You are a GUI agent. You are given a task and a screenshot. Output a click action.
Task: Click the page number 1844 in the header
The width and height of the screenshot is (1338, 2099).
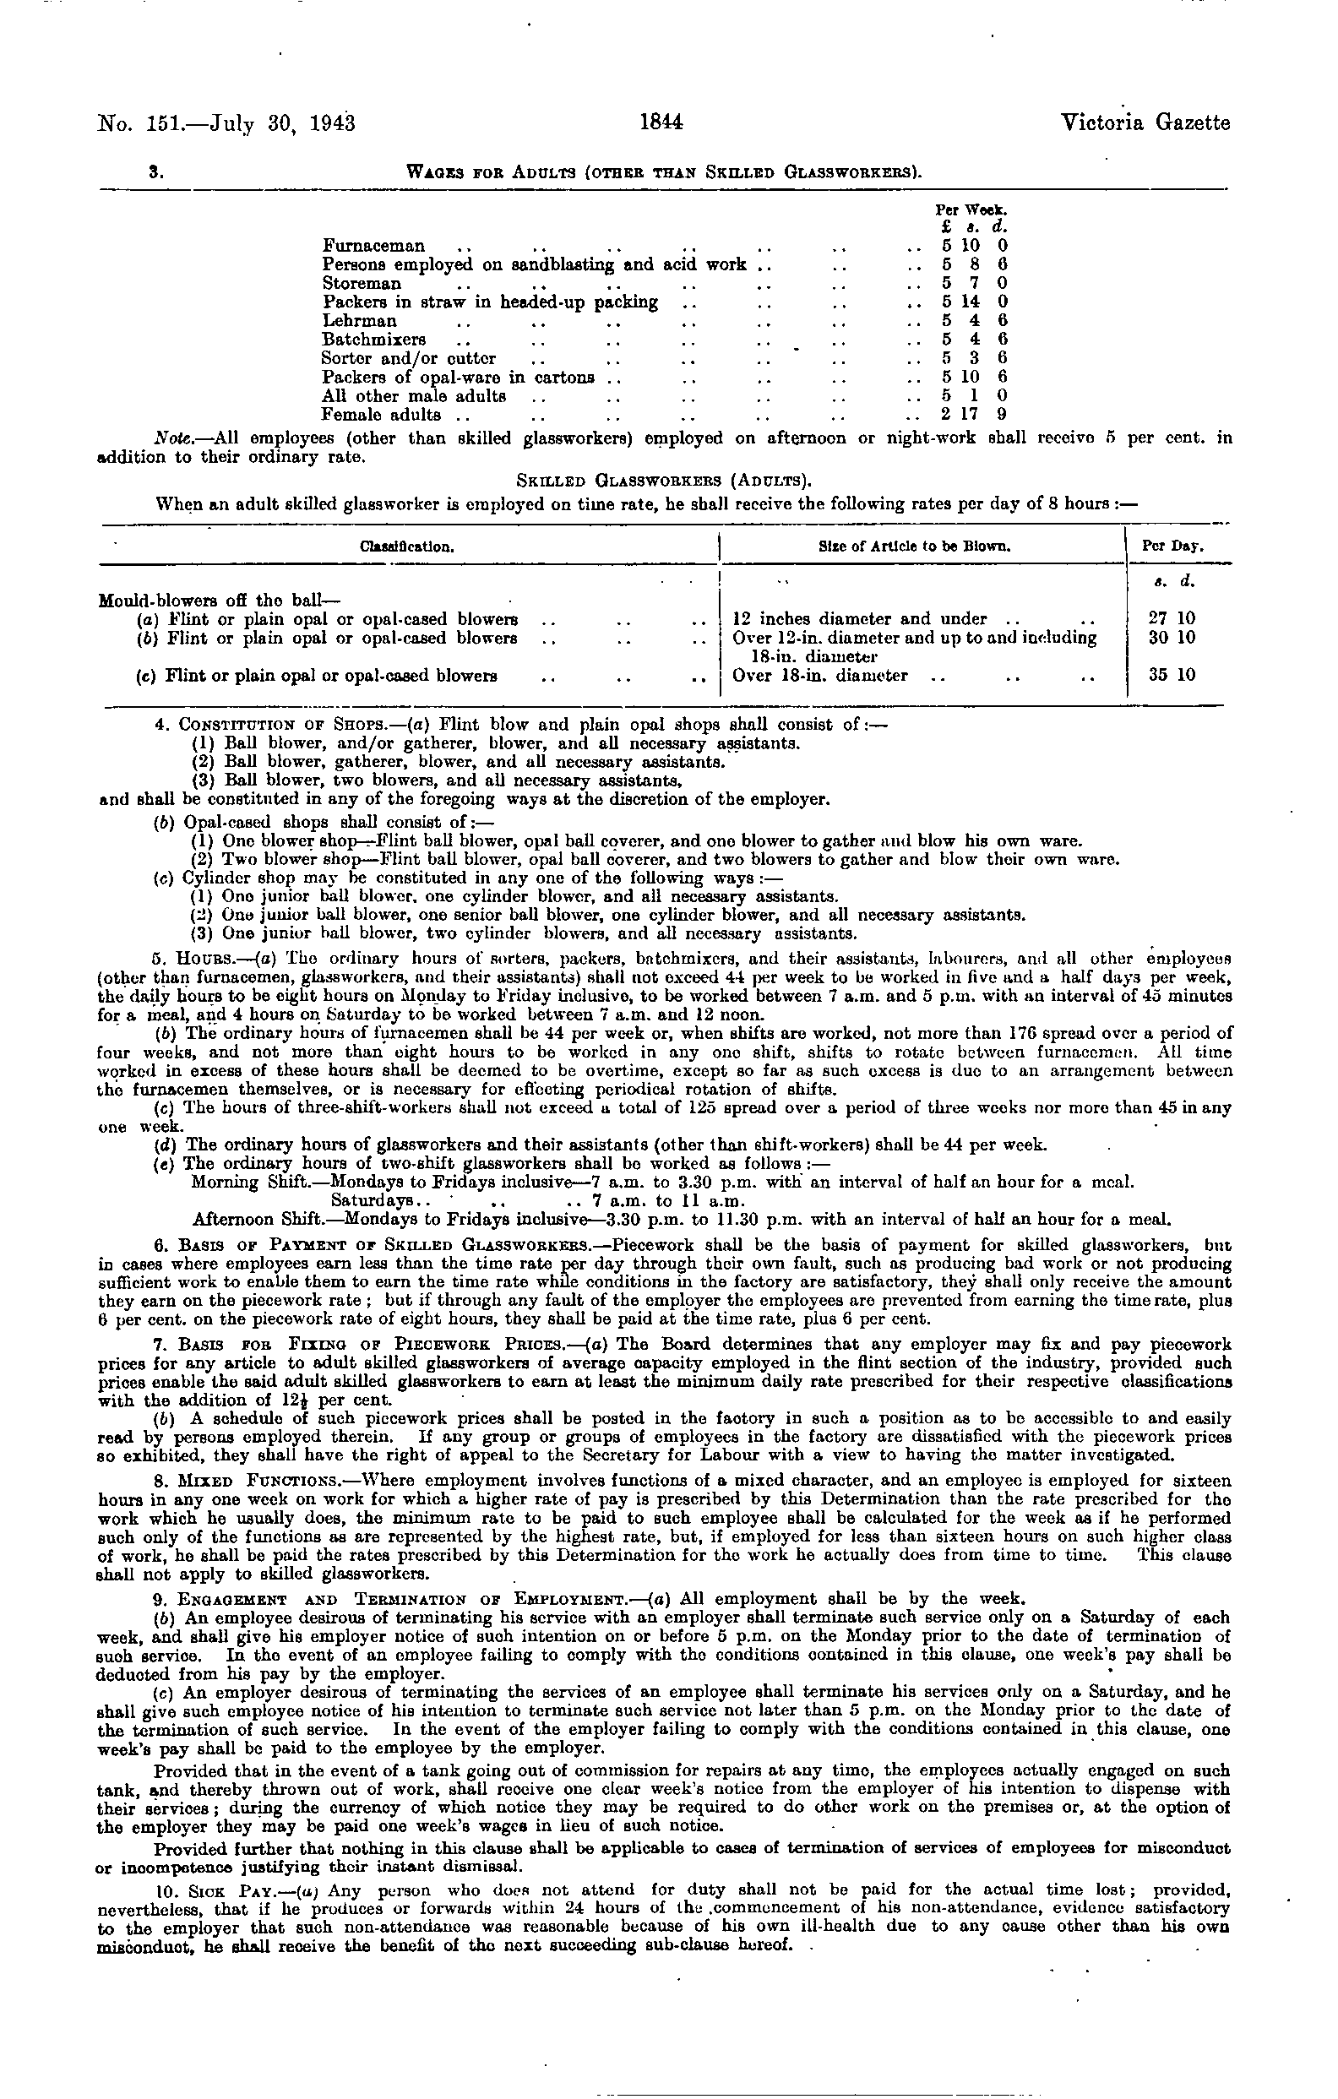661,123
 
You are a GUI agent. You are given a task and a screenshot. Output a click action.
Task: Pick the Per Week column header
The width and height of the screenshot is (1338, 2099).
971,210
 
